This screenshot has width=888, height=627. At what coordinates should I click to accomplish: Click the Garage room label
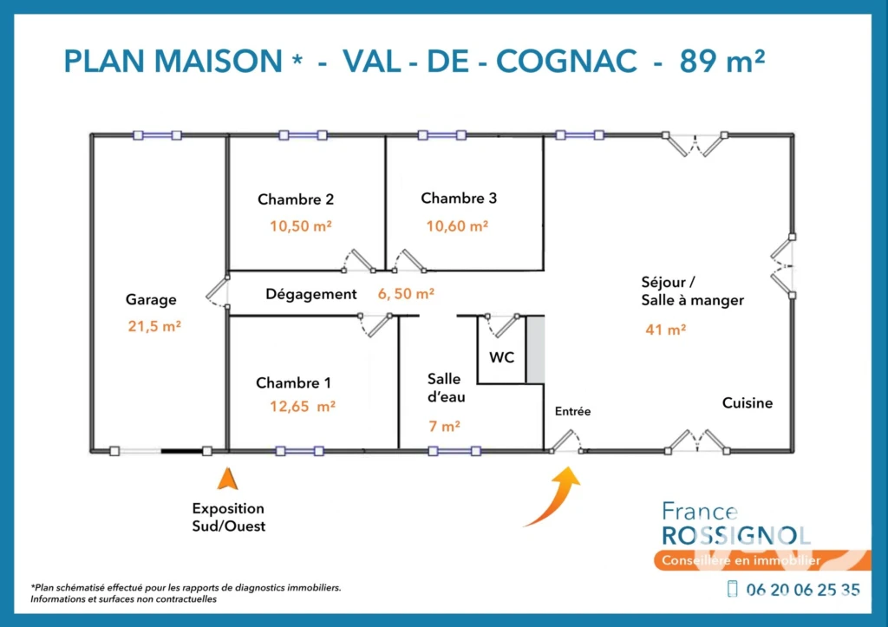pyautogui.click(x=151, y=299)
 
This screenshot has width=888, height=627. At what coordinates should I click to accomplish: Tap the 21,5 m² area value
pyautogui.click(x=154, y=326)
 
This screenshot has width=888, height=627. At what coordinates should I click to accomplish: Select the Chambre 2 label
pyautogui.click(x=296, y=199)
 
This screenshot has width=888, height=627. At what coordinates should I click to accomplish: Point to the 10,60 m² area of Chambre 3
pyautogui.click(x=457, y=226)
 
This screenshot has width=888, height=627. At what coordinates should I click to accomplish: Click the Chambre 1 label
pyautogui.click(x=293, y=383)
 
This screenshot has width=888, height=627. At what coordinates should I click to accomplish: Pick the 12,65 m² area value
pyautogui.click(x=303, y=407)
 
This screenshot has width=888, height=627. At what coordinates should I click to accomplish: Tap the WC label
pyautogui.click(x=502, y=357)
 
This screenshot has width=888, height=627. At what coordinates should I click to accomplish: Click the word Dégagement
pyautogui.click(x=311, y=295)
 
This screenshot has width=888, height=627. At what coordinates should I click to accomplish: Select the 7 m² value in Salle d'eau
pyautogui.click(x=444, y=426)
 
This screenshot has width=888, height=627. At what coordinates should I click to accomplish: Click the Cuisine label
pyautogui.click(x=747, y=402)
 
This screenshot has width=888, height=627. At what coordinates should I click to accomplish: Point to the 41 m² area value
pyautogui.click(x=665, y=330)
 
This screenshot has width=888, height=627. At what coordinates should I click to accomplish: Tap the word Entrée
pyautogui.click(x=572, y=412)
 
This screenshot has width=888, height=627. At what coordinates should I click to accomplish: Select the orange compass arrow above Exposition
pyautogui.click(x=228, y=479)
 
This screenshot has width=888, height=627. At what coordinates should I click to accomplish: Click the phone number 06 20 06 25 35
pyautogui.click(x=803, y=591)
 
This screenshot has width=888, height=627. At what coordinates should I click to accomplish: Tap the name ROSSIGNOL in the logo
pyautogui.click(x=735, y=536)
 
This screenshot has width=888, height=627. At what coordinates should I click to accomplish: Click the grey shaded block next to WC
pyautogui.click(x=536, y=349)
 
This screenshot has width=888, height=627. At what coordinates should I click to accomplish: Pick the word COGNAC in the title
pyautogui.click(x=566, y=62)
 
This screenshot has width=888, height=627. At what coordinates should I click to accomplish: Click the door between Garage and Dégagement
pyautogui.click(x=218, y=292)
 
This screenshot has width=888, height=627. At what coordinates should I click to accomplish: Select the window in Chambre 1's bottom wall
pyautogui.click(x=299, y=452)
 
